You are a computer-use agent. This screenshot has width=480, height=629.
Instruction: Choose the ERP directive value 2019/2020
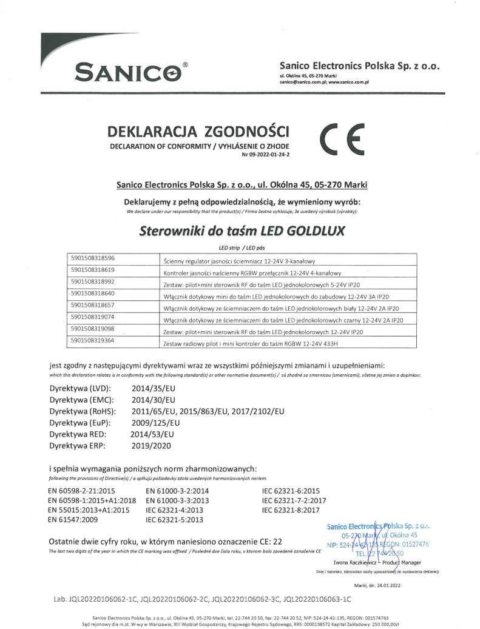click(151, 446)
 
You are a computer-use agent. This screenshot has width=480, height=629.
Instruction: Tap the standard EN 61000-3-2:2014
click(177, 491)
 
